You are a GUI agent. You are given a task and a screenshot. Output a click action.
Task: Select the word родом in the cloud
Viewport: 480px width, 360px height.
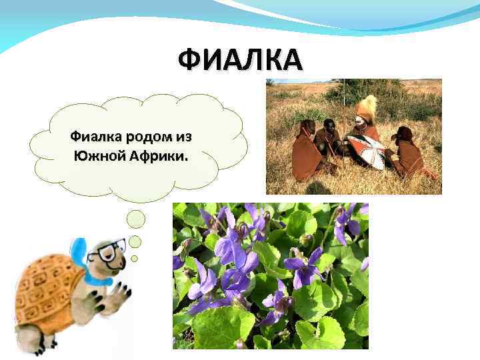tap(149, 137)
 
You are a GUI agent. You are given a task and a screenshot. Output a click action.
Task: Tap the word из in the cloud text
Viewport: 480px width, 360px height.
tap(183, 137)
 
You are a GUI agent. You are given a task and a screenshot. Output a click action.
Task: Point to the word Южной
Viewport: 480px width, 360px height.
tap(99, 158)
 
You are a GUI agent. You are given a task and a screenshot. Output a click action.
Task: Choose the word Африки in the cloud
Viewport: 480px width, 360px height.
tap(161, 158)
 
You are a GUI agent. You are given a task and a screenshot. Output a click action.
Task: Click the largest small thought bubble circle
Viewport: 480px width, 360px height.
tap(136, 219)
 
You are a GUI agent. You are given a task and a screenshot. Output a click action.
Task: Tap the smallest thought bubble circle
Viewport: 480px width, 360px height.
tap(134, 258)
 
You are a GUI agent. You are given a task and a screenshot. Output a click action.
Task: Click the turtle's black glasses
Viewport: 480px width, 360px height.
tap(107, 251)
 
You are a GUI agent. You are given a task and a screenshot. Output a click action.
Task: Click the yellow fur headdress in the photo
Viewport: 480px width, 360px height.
tap(367, 107)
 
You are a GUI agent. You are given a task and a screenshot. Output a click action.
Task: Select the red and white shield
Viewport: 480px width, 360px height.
tap(365, 150)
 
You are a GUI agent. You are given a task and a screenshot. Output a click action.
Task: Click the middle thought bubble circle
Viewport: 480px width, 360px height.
tap(135, 241)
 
